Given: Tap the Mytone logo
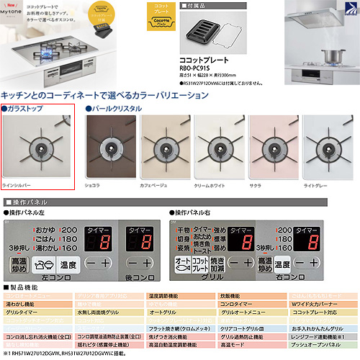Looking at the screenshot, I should (x=17, y=9).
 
